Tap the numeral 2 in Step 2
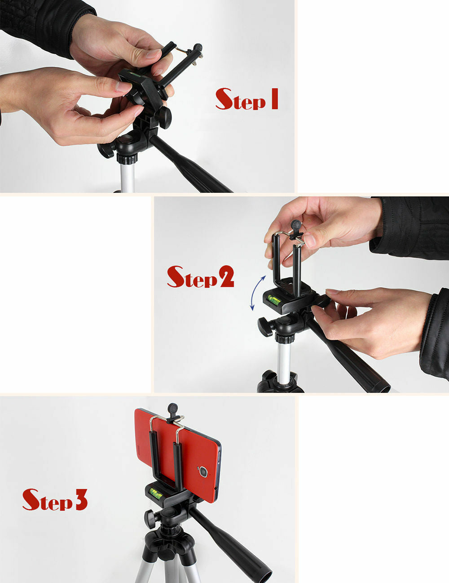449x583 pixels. click(x=226, y=277)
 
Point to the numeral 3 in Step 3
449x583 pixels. click(x=81, y=499)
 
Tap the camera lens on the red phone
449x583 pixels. click(x=203, y=472)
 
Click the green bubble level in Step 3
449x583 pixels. click(x=157, y=494)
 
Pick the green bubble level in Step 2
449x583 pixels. click(x=273, y=298)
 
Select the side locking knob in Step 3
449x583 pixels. click(x=150, y=519)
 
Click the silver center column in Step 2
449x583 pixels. click(x=284, y=360)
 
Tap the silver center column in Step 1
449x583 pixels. click(x=127, y=178)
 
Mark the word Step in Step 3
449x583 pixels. click(x=47, y=500)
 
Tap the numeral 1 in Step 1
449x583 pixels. click(x=273, y=99)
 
